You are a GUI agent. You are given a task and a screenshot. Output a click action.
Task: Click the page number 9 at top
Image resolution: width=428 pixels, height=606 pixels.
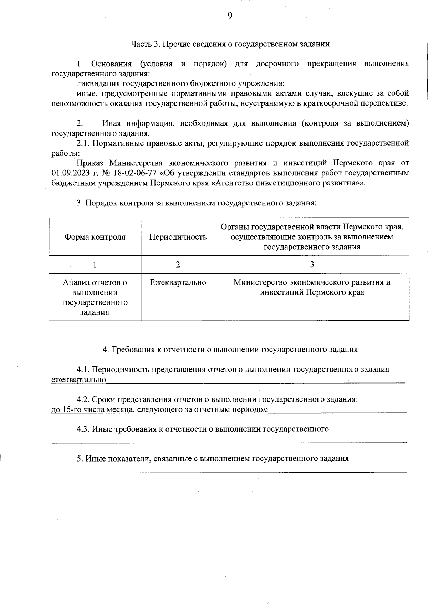tap(230, 16)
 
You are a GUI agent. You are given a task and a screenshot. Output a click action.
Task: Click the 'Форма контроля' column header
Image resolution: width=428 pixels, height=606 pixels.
tap(95, 237)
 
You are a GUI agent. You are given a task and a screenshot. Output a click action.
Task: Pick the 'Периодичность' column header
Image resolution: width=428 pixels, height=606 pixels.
tap(178, 237)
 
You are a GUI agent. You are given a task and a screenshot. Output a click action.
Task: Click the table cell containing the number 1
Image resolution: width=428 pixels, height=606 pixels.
tap(95, 265)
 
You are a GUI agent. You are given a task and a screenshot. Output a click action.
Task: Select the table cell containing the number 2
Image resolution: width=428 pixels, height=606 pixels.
tap(178, 265)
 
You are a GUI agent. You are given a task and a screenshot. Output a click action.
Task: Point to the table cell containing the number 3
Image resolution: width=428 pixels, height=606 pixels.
tap(312, 265)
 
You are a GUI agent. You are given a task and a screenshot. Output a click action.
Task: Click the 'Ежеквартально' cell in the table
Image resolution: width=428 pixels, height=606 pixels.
tap(178, 282)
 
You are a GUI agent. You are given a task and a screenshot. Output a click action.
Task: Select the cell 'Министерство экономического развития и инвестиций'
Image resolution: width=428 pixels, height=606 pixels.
tap(312, 287)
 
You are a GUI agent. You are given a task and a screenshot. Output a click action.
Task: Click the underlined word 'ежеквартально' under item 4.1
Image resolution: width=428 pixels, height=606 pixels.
tap(79, 380)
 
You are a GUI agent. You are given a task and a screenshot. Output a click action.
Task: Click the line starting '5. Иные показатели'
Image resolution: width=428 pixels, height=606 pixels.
tap(213, 459)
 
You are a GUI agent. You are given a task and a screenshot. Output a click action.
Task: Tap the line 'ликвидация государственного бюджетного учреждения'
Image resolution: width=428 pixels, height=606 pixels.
tap(180, 84)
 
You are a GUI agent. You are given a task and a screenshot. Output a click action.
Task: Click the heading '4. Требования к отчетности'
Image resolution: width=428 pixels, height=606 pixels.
tap(230, 350)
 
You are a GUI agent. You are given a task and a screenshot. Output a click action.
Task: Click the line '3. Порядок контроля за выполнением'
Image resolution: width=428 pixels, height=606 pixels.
tap(197, 203)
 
